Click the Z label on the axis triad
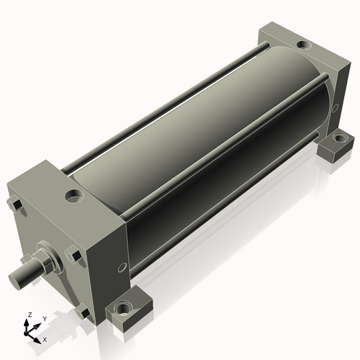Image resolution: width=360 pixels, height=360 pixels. [x=30, y=315]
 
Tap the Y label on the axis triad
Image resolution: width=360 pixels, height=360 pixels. [x=45, y=319]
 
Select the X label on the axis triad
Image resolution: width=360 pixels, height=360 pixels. [x=45, y=340]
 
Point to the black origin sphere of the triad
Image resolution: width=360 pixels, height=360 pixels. [x=26, y=334]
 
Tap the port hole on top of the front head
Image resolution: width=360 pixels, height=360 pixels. [x=74, y=195]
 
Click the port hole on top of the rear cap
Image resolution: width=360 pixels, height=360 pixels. [x=304, y=45]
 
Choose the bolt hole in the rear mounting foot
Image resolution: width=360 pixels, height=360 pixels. [x=338, y=138]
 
